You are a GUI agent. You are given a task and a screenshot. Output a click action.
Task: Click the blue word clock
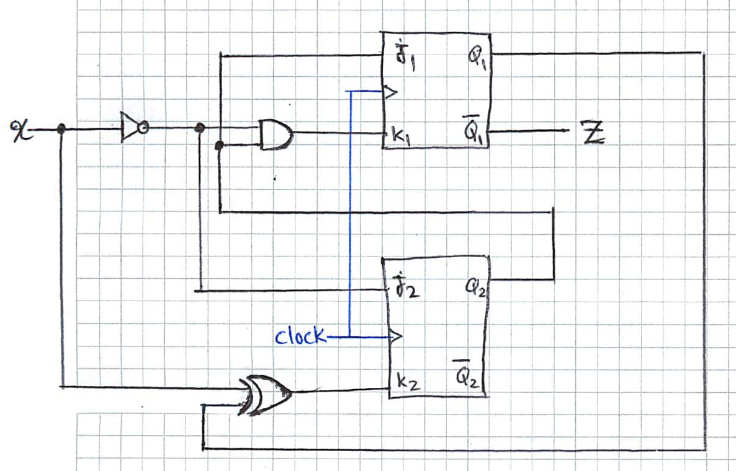pos(300,337)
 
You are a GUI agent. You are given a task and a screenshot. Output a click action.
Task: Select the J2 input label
pos(408,288)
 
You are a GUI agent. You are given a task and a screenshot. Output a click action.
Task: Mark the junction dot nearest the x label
pos(61,130)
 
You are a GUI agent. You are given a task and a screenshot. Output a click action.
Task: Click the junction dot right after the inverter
pos(199,129)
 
